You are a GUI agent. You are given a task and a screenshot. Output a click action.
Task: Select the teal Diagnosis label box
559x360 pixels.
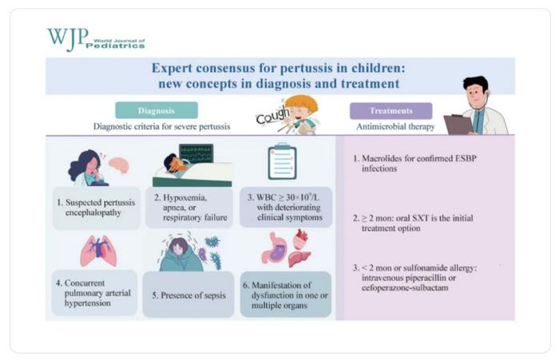tap(157, 110)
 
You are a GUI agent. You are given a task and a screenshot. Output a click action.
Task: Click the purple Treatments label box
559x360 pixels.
tap(391, 110)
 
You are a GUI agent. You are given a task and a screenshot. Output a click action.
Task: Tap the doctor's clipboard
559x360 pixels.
tap(458, 124)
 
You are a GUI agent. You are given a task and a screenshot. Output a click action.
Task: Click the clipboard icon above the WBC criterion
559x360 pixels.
tap(281, 162)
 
